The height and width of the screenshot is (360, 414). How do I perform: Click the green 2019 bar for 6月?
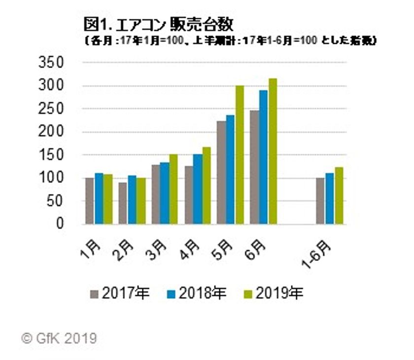(273, 151)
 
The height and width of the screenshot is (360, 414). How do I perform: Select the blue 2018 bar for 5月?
(231, 170)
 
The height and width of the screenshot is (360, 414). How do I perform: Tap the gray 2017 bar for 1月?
(89, 201)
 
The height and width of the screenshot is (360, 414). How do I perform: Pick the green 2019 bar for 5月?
(240, 155)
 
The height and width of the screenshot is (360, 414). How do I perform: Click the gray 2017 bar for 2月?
(123, 203)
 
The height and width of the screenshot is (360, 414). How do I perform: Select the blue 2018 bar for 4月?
(197, 189)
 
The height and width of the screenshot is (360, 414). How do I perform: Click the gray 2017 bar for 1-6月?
(320, 201)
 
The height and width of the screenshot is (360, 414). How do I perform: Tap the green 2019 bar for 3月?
(173, 189)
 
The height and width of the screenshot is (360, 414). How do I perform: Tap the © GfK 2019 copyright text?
(59, 338)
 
